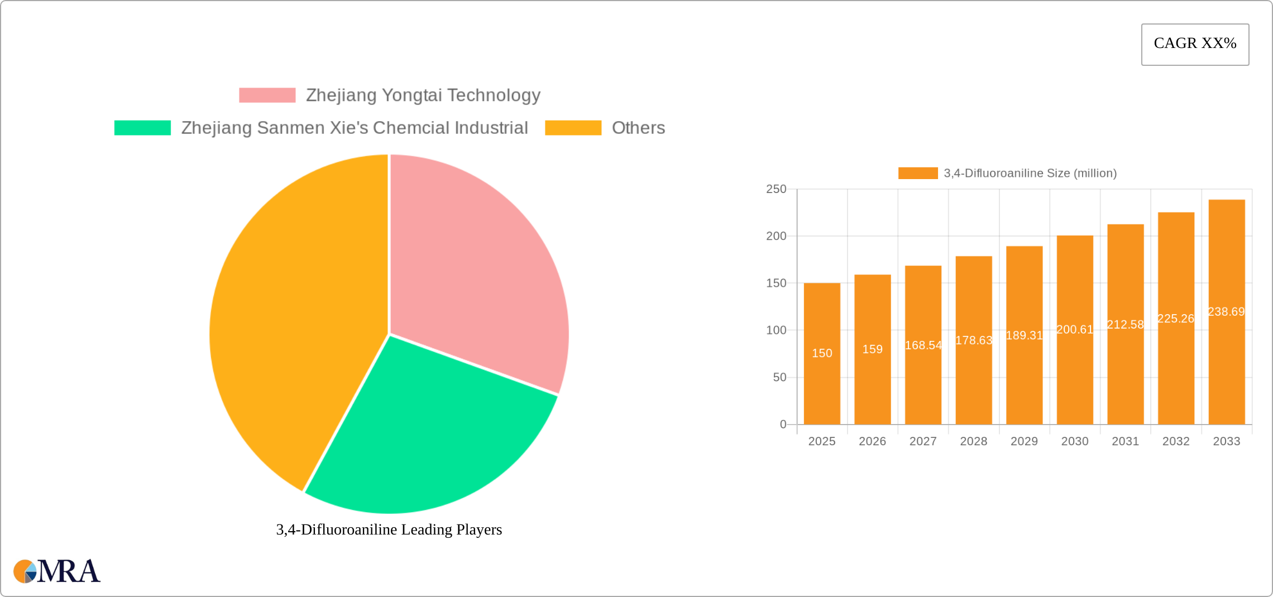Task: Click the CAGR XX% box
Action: pos(1195,44)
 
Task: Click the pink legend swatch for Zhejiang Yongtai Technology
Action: pos(267,95)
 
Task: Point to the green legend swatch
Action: pos(142,128)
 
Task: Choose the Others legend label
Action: pos(638,128)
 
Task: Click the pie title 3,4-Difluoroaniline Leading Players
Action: pos(389,529)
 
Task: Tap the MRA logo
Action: pos(56,571)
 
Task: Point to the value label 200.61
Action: pos(1075,330)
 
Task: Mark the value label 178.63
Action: pos(974,340)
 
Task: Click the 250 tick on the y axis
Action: pos(776,189)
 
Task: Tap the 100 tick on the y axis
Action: pos(776,330)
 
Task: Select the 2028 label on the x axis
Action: pos(974,441)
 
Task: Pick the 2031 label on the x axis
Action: pos(1125,441)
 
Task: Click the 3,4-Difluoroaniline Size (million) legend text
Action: pos(1030,174)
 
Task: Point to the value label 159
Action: pos(872,349)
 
